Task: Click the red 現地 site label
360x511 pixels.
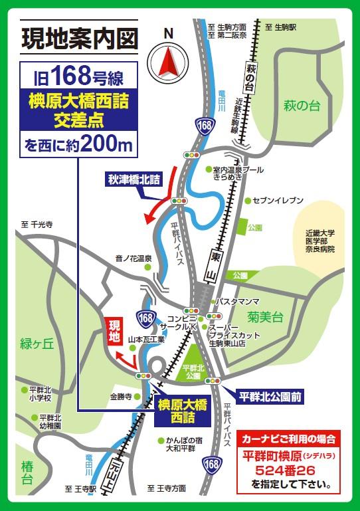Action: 115,330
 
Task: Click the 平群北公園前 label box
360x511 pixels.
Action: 269,397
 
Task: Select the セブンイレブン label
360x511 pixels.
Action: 278,200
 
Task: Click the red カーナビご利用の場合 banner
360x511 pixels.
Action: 288,439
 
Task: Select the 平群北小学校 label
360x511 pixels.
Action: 45,393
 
